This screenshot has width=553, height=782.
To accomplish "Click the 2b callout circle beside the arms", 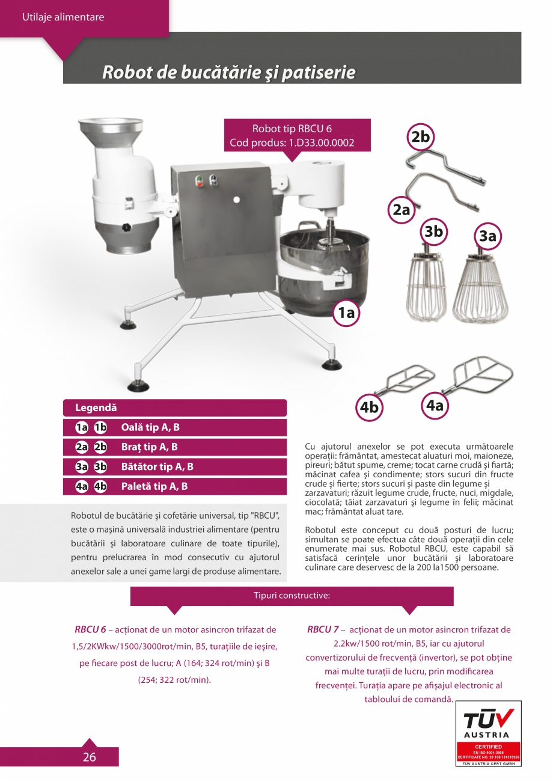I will pos(420,137).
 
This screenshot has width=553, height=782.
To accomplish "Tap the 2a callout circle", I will pos(401,210).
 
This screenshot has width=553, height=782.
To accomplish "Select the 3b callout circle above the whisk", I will pos(433,232).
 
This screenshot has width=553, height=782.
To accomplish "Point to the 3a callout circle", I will pos(487,237).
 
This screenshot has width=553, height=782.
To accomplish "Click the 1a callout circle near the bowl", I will pos(347,312).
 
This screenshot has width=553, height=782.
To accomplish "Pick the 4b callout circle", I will pos(369,407).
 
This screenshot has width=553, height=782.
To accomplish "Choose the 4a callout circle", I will pos(434,406).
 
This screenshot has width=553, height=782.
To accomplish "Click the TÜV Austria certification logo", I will pos(489,733).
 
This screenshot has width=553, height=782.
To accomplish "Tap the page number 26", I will pos(89,757).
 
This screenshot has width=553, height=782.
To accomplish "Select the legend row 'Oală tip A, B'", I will pos(174,427).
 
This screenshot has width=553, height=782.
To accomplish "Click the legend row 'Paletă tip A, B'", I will pos(174,486).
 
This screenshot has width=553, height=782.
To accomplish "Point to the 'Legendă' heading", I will pos(96,408).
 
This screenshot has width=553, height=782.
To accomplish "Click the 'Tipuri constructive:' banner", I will pos(292,596).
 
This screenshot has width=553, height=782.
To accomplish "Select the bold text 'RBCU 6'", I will pos(90,629).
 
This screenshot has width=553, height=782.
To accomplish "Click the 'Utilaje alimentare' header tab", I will pos(63,17).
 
